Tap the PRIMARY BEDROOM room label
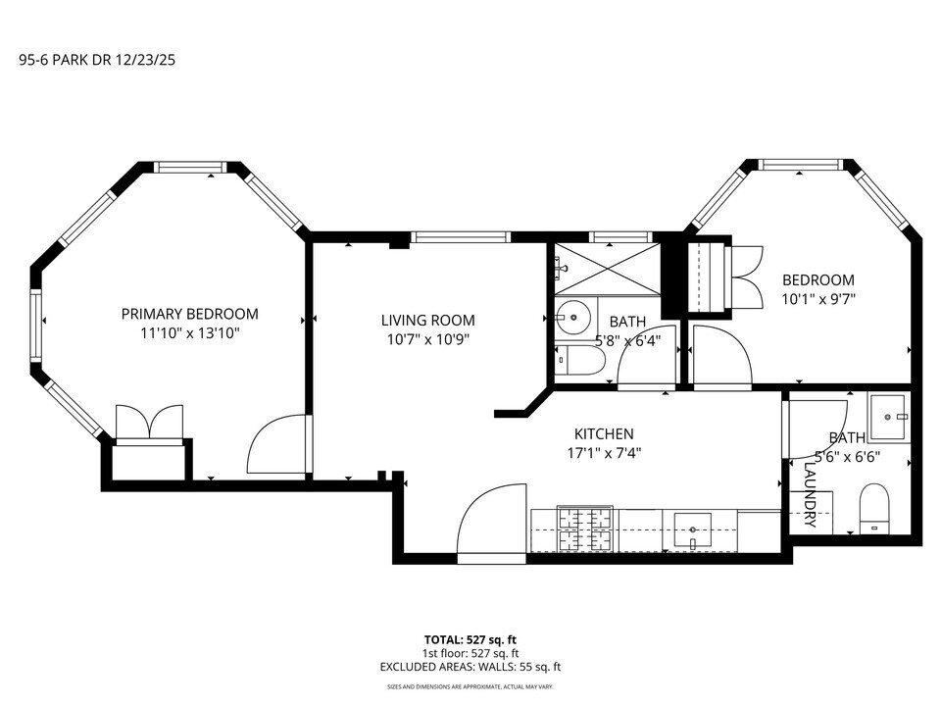pyautogui.click(x=189, y=314)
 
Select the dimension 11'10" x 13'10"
pyautogui.click(x=189, y=333)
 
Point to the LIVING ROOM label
pyautogui.click(x=427, y=320)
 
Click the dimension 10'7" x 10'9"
pyautogui.click(x=427, y=339)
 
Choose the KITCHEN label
pyautogui.click(x=604, y=433)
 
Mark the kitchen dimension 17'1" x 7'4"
pyautogui.click(x=604, y=453)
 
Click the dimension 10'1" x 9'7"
pyautogui.click(x=818, y=299)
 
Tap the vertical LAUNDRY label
pyautogui.click(x=810, y=496)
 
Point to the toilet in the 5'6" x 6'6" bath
pyautogui.click(x=873, y=507)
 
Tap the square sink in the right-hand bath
pyautogui.click(x=890, y=418)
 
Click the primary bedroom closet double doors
pyautogui.click(x=149, y=423)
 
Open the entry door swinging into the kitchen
pyautogui.click(x=490, y=525)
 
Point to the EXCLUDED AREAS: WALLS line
pyautogui.click(x=470, y=667)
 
